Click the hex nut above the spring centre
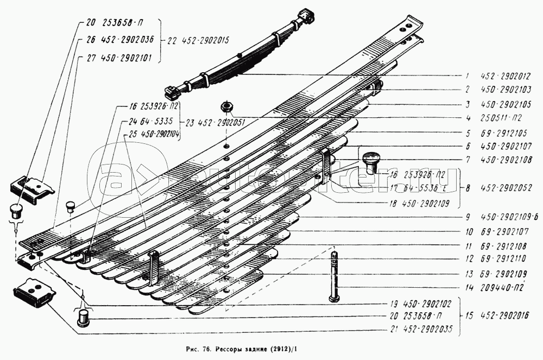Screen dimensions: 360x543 227,107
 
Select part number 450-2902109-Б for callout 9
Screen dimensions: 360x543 509,218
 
